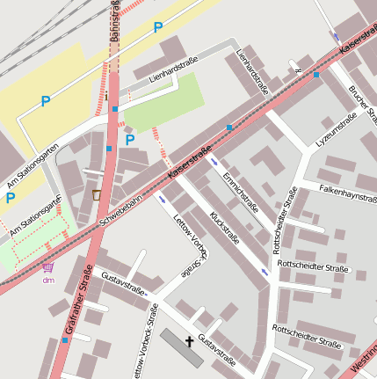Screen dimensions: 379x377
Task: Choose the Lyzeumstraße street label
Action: tap(336, 129)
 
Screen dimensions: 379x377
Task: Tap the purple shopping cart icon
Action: tap(47, 267)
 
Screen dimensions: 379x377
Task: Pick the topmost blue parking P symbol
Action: tap(158, 27)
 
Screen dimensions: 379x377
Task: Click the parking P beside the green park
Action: tap(130, 139)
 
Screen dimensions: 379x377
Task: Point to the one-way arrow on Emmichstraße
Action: tap(214, 162)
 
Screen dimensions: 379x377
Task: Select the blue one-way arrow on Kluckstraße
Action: tap(265, 273)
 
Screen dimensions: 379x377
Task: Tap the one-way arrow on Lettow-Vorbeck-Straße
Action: tap(161, 200)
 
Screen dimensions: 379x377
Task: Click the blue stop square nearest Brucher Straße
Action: tap(316, 75)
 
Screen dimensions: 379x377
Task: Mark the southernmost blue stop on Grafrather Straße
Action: tap(64, 339)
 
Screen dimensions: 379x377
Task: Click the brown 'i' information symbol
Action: tap(97, 194)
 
